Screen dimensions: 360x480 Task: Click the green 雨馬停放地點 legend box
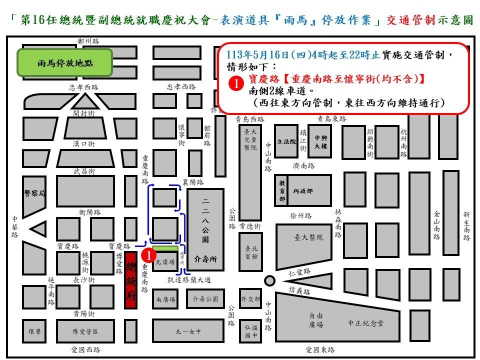pos(65,63)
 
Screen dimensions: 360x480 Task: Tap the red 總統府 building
pos(131,281)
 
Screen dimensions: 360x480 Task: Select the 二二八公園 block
pos(205,229)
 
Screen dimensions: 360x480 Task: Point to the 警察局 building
pos(34,193)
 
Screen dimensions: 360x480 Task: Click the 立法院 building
pos(286,141)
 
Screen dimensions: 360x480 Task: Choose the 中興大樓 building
pos(320,141)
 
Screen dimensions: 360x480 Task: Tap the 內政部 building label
pos(303,190)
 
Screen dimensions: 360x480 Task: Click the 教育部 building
pos(282,190)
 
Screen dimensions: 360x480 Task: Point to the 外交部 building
pos(250,299)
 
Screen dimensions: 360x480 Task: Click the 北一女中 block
pos(187,331)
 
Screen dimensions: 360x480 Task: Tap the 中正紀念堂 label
pos(366,323)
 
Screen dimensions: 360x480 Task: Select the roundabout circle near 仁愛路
pos(269,280)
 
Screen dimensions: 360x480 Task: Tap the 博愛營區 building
pos(85,331)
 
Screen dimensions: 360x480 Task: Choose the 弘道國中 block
pos(250,331)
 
